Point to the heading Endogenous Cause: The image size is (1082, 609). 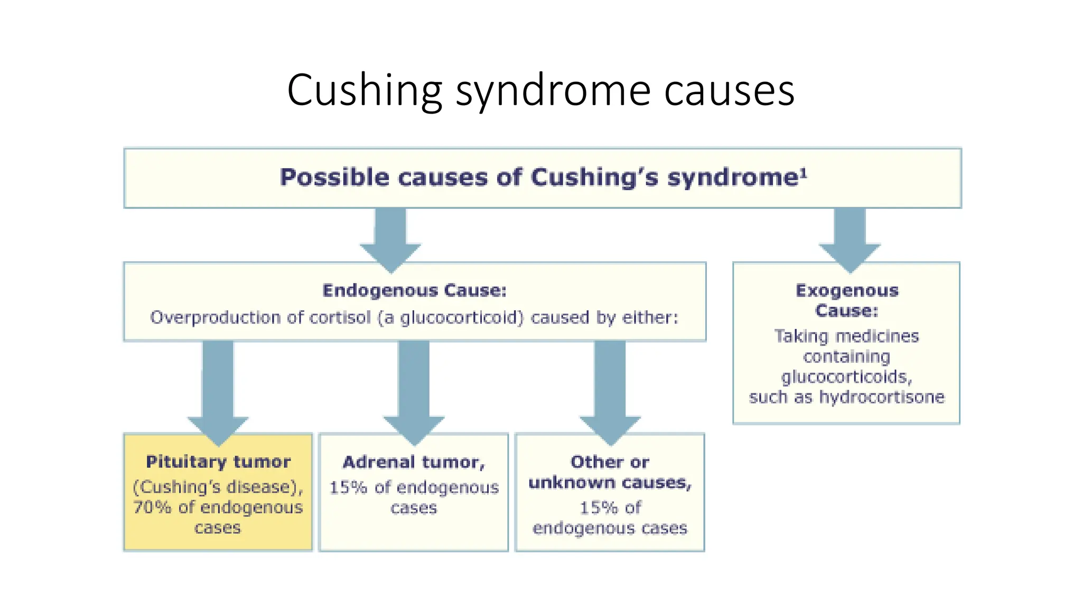pos(415,290)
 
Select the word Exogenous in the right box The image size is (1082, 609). pos(847,290)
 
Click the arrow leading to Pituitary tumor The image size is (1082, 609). pos(218,391)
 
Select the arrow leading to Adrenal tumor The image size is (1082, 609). pos(414,391)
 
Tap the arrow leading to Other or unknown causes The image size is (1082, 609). pos(610,391)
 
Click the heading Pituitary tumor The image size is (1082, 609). pos(218,462)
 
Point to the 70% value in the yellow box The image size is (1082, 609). pos(152,508)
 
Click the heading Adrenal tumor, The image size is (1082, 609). pos(414,462)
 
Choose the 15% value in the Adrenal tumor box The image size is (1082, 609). pos(348,487)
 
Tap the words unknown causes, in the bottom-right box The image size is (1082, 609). pos(610,483)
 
